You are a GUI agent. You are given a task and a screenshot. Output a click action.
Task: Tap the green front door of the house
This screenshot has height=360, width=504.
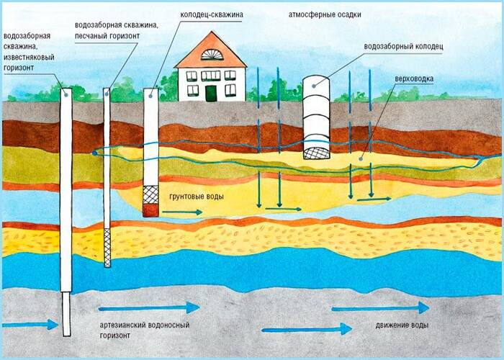click(210, 93)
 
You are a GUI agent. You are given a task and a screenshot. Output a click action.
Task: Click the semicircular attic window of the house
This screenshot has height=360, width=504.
click(210, 55)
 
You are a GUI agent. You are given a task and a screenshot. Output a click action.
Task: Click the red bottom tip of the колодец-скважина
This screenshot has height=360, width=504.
click(150, 210)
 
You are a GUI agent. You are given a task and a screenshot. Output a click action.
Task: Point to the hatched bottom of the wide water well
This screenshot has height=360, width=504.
click(318, 153)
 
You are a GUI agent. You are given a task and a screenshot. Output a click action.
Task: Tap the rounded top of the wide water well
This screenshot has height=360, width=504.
click(316, 81)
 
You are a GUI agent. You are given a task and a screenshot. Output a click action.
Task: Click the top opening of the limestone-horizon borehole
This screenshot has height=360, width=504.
click(66, 91)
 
